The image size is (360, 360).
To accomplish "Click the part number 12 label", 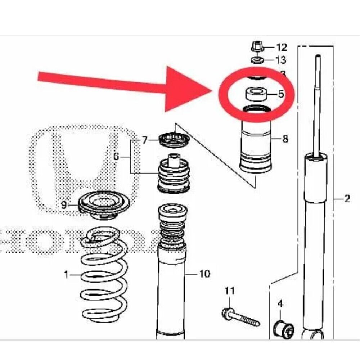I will point(282,47).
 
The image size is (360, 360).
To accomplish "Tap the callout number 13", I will point(281,59).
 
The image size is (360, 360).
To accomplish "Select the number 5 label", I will point(281,94).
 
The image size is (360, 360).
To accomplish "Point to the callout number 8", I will point(285,139).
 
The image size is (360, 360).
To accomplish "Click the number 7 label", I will point(144,140).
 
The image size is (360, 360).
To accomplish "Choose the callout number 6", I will point(116,157).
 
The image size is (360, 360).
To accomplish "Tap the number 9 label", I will point(64,205).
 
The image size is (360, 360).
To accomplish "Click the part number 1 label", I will point(66,275).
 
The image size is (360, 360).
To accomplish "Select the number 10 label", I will point(204,274).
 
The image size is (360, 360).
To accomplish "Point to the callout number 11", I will point(230,291).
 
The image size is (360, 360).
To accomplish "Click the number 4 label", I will point(280,304).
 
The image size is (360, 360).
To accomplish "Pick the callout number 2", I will point(347,198).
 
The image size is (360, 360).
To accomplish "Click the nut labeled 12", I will point(256,46).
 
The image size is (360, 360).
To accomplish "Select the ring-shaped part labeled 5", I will point(256,94).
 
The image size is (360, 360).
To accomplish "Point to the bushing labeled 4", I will point(284,327).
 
